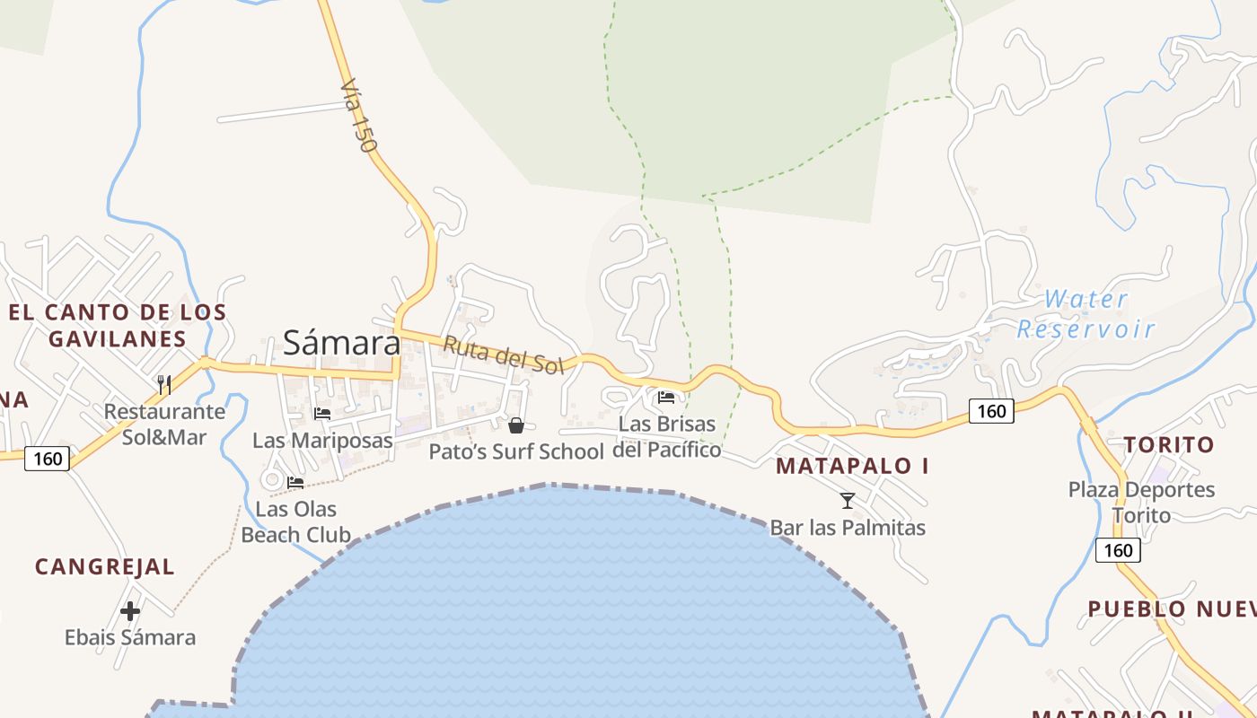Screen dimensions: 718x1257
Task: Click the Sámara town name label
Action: pos(342,342)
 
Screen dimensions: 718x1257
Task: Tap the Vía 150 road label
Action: pos(359,117)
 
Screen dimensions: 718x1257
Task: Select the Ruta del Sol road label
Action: pos(503,355)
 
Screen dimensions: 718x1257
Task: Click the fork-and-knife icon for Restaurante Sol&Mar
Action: pos(164,385)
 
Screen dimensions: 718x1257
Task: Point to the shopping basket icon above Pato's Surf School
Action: pos(516,425)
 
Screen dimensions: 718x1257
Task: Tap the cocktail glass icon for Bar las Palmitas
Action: pos(847,500)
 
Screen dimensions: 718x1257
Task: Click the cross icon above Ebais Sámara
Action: pos(130,611)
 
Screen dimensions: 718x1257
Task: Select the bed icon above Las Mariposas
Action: pos(322,413)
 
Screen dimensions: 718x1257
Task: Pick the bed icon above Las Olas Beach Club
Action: pos(295,482)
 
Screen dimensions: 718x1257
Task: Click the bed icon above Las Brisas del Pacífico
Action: pos(666,397)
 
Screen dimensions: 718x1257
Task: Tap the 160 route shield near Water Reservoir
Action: pos(991,411)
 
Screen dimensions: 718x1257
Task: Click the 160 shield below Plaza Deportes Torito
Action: pos(1118,549)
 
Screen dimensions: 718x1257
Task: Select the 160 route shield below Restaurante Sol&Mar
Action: pos(47,459)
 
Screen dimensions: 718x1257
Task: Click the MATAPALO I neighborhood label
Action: pos(852,466)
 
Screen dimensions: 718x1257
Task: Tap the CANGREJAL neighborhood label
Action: pos(105,567)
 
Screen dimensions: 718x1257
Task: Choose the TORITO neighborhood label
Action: pos(1169,444)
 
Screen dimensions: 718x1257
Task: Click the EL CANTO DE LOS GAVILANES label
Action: pos(118,325)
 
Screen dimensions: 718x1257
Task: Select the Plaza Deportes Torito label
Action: pos(1141,503)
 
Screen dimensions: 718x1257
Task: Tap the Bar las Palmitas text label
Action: pos(848,528)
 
